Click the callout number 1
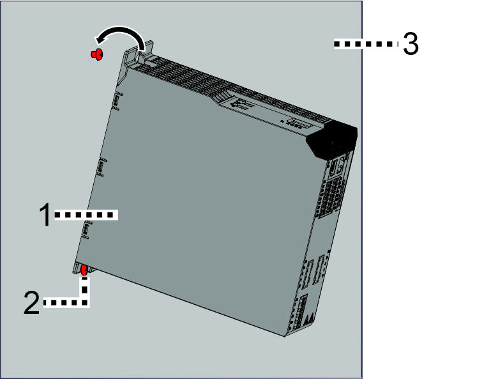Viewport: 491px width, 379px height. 45,216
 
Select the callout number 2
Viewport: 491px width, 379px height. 32,304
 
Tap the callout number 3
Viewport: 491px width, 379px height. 411,45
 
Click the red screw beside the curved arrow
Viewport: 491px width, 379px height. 96,55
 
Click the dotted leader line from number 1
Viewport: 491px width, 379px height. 86,216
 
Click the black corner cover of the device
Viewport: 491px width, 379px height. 331,140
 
